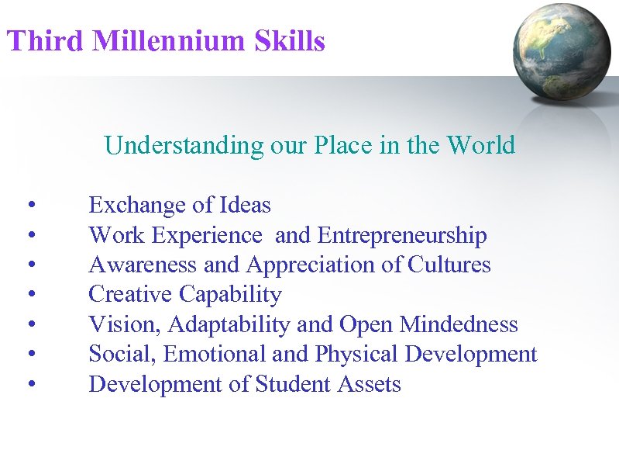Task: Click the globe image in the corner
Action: [x=563, y=51]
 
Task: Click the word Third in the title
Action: [x=44, y=41]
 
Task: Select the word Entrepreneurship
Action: [x=402, y=235]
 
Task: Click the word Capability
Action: [x=231, y=295]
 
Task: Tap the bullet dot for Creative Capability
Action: [x=29, y=296]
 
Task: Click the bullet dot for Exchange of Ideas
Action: [x=29, y=206]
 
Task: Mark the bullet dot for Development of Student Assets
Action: [x=29, y=385]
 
